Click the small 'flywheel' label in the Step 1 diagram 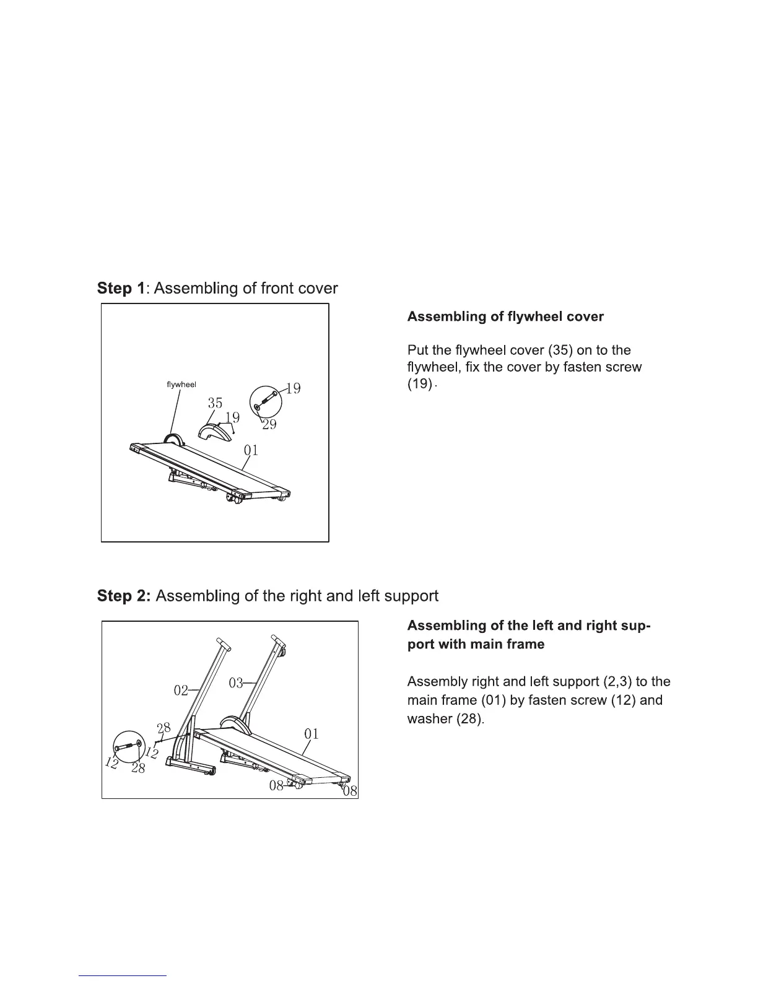(x=181, y=385)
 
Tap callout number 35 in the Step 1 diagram (x=215, y=403)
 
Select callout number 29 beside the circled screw (x=269, y=424)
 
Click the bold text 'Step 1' (x=121, y=289)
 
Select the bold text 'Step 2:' (x=123, y=596)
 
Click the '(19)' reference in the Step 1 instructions (x=420, y=384)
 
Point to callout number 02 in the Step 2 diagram (x=181, y=691)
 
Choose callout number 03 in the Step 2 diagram (x=236, y=683)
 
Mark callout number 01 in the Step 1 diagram (x=251, y=450)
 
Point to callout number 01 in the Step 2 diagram (x=311, y=735)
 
